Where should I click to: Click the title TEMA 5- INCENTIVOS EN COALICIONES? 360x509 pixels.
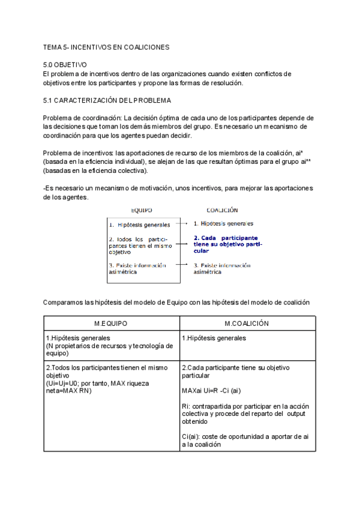[107, 47]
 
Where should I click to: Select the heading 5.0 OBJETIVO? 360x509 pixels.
[65, 64]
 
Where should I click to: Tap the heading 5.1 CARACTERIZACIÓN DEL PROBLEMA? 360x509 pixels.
[107, 100]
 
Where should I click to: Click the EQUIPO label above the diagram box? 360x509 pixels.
[142, 211]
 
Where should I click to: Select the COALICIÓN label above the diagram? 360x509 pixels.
[222, 211]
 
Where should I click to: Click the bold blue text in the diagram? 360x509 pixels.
[226, 244]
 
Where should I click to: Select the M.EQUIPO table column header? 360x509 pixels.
[111, 323]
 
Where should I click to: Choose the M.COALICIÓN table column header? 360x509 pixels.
[246, 323]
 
